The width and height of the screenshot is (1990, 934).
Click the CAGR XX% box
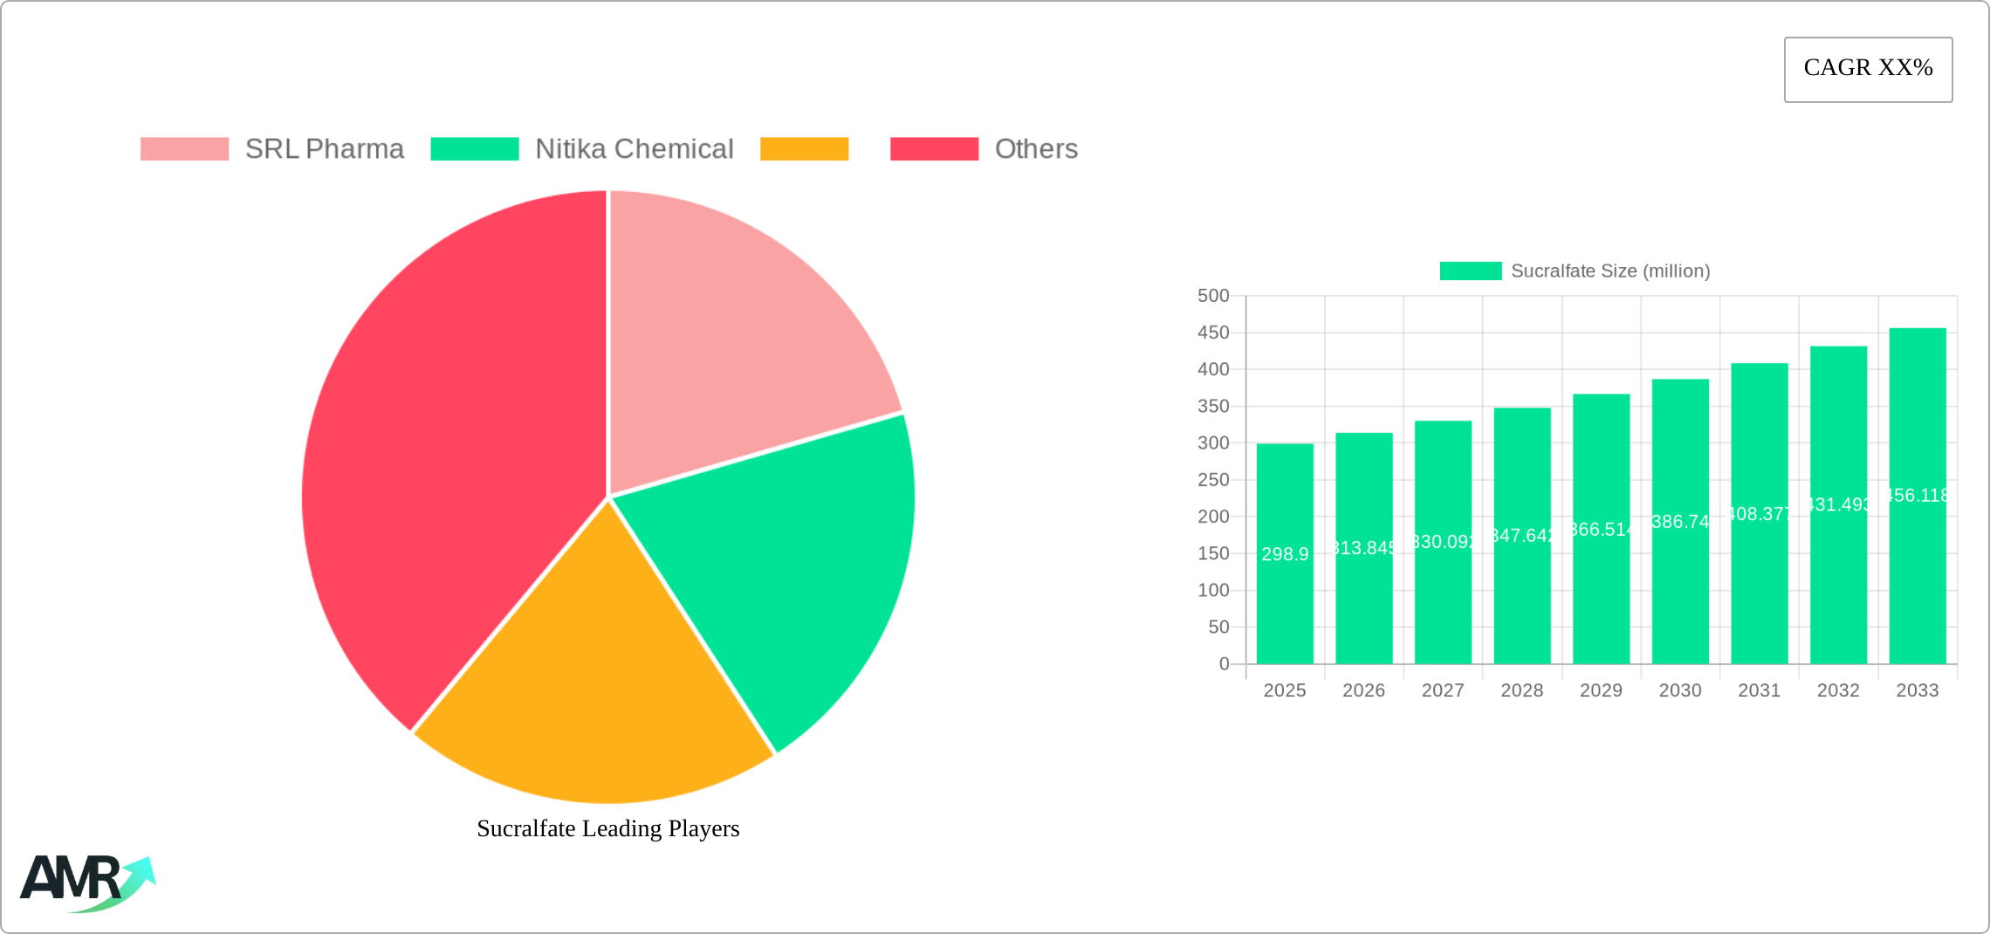[1868, 69]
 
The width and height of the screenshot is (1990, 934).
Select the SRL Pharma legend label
[324, 149]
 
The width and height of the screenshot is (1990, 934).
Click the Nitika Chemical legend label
[634, 149]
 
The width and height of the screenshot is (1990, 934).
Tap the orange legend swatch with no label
[804, 149]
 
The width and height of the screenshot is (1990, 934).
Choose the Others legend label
[1036, 149]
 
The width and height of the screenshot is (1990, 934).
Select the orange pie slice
[594, 681]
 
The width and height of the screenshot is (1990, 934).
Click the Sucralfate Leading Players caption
[607, 828]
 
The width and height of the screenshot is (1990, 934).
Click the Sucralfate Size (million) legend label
[1609, 271]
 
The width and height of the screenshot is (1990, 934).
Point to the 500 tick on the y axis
[1212, 296]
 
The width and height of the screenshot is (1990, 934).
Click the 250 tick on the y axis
[1212, 480]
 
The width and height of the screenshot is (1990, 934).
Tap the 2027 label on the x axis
[1443, 690]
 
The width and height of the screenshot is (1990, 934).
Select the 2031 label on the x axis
[1759, 690]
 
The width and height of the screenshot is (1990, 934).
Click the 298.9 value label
[1285, 554]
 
